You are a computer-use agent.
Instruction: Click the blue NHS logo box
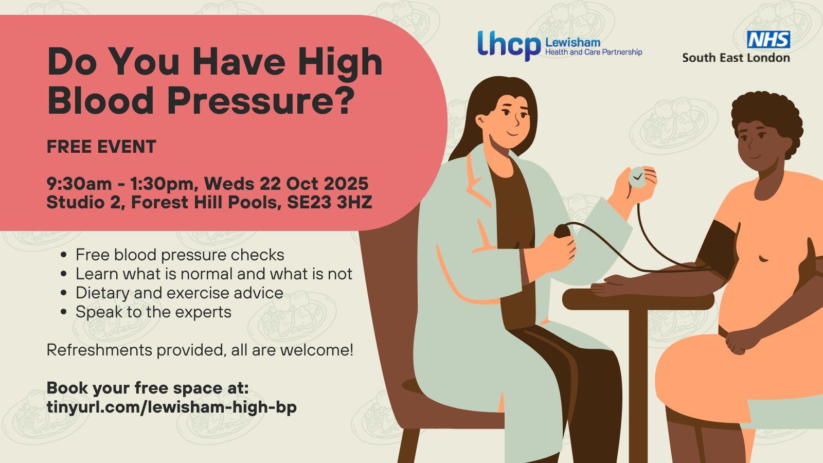click(768, 39)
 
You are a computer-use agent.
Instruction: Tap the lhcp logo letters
click(509, 46)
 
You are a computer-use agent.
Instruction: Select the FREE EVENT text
click(101, 146)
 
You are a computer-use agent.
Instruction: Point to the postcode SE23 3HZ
click(330, 202)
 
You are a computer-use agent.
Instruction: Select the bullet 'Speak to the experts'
click(153, 312)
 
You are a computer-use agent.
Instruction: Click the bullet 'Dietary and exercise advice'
click(180, 293)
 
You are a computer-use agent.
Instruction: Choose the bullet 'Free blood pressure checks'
click(180, 255)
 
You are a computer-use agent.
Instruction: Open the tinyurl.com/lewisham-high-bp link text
click(172, 407)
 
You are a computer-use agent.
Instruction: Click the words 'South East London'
click(736, 58)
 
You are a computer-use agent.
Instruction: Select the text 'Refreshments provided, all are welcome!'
click(200, 350)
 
